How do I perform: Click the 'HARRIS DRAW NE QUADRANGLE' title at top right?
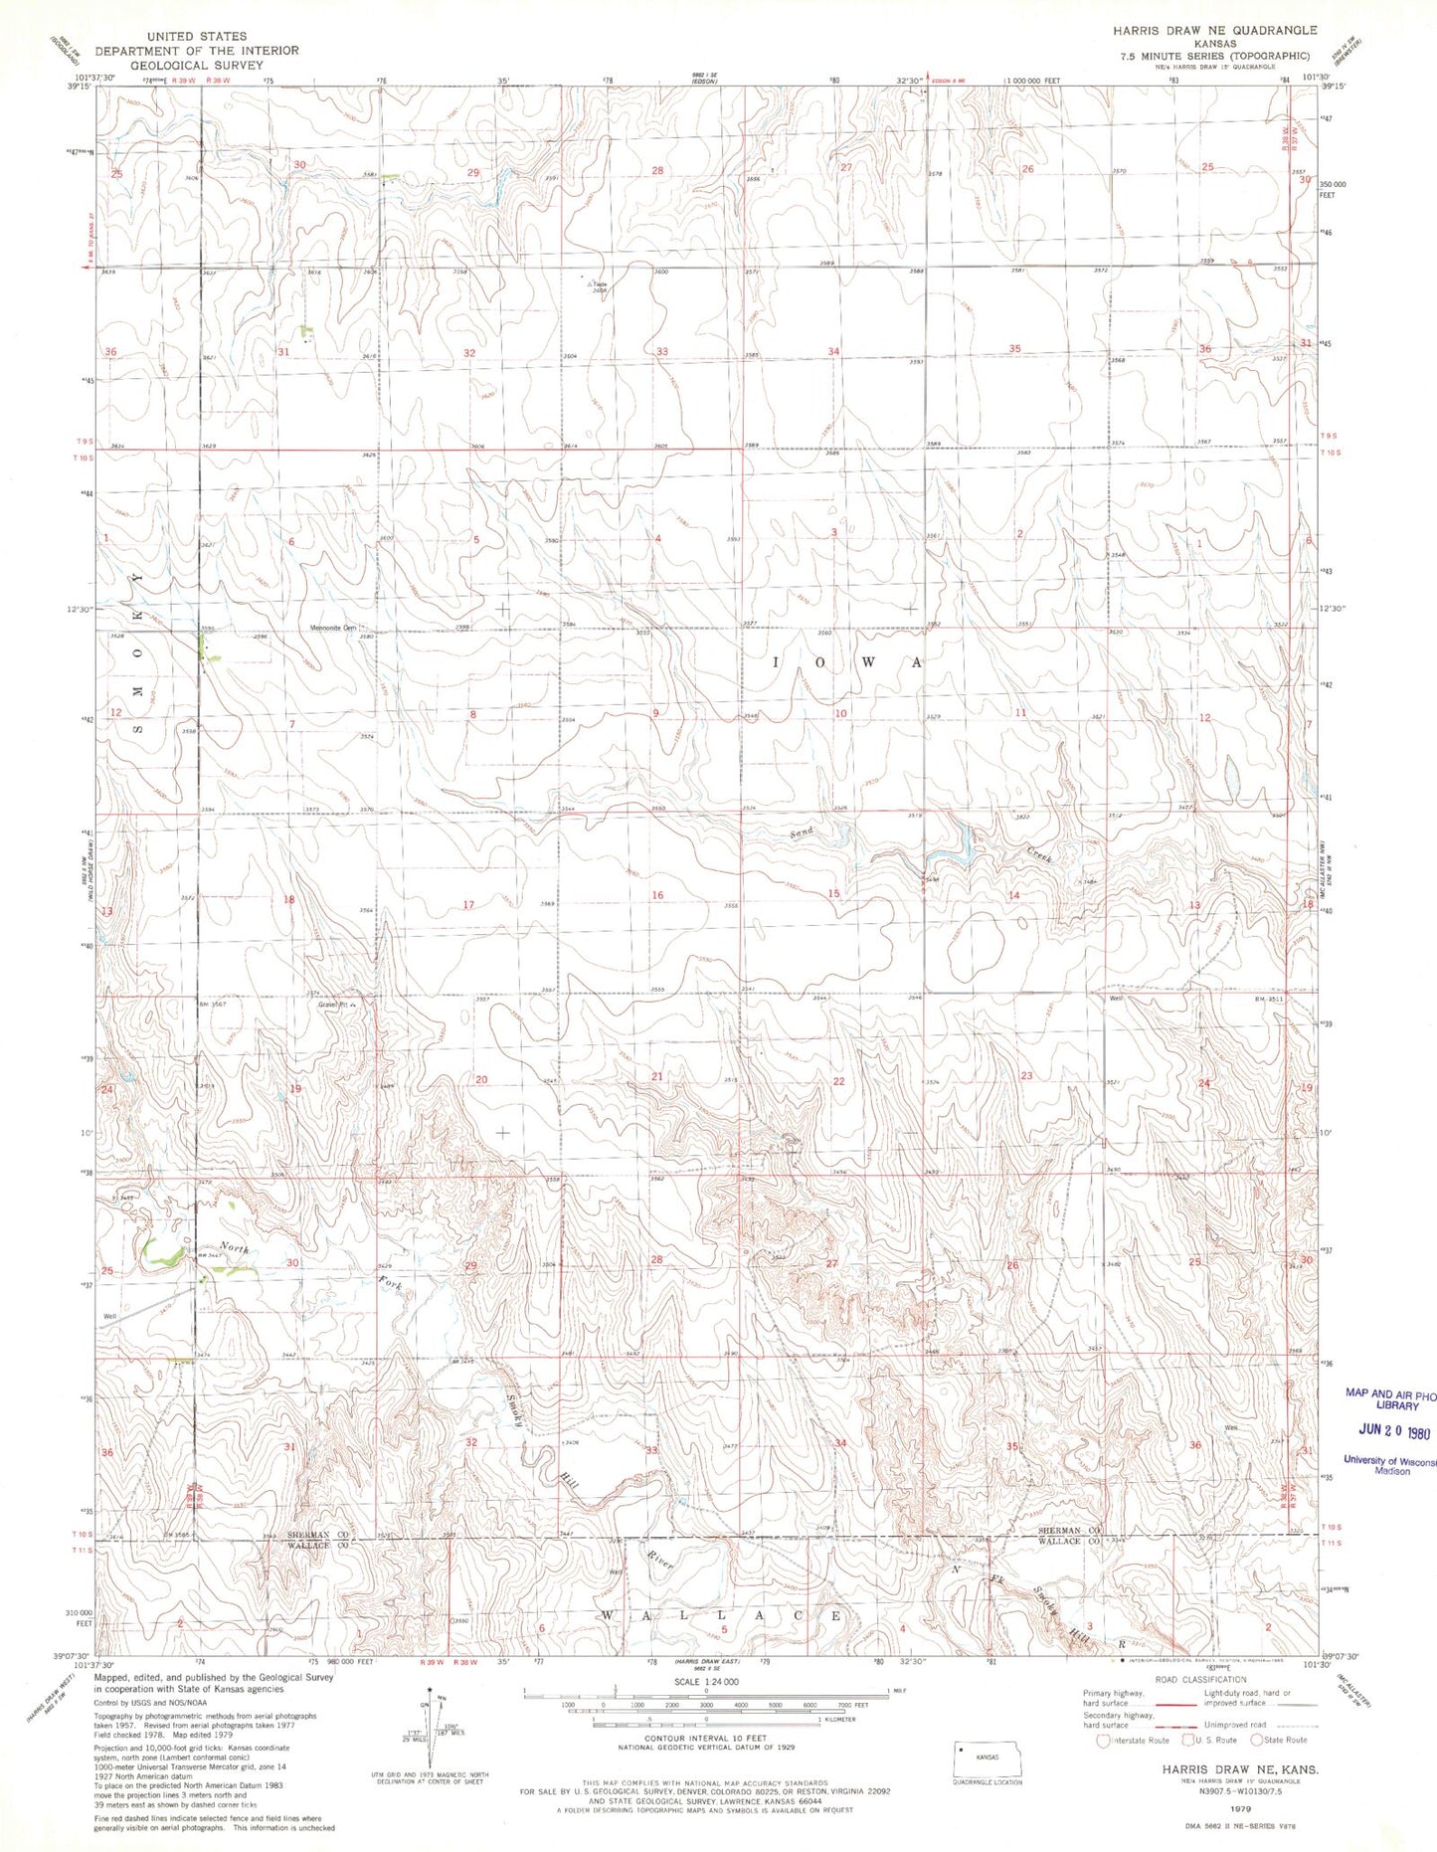tap(1214, 31)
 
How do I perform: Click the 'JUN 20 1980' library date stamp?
tap(1392, 1432)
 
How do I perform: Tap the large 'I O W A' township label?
tap(848, 662)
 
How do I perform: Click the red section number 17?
tap(468, 905)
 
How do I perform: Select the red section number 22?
tap(838, 1081)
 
